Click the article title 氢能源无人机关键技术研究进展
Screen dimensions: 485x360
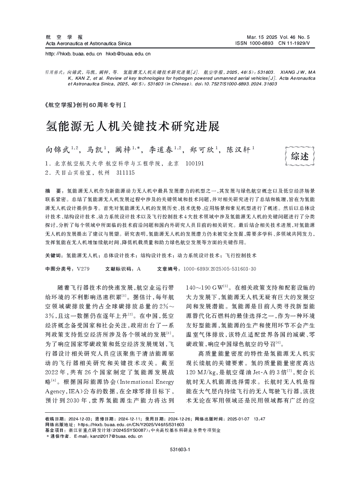point(132,126)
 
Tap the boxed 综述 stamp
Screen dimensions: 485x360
point(299,156)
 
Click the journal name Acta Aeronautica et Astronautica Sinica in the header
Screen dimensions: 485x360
point(88,43)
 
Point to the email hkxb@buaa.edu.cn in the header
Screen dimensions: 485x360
point(128,54)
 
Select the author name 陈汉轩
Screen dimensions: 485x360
point(238,150)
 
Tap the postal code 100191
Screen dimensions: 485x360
point(194,164)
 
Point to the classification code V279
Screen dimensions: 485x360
point(83,269)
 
